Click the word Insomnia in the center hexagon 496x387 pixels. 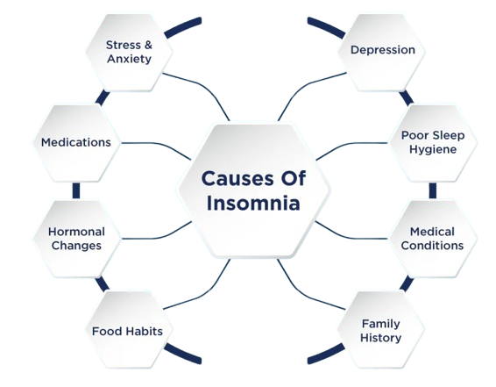(x=253, y=203)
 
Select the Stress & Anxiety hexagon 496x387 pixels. (x=129, y=53)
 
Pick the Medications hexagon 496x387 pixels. (x=76, y=143)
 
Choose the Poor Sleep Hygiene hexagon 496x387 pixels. (x=433, y=143)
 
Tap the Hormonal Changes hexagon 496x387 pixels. (x=76, y=239)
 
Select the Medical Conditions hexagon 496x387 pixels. (x=433, y=239)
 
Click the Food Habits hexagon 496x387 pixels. (x=129, y=330)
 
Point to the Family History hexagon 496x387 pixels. (x=381, y=330)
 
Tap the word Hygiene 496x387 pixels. (x=433, y=149)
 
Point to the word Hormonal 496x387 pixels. (x=76, y=232)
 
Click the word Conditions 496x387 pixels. (x=432, y=246)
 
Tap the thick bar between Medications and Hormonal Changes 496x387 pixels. (x=76, y=190)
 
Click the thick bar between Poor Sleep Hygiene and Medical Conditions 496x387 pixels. (x=433, y=190)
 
